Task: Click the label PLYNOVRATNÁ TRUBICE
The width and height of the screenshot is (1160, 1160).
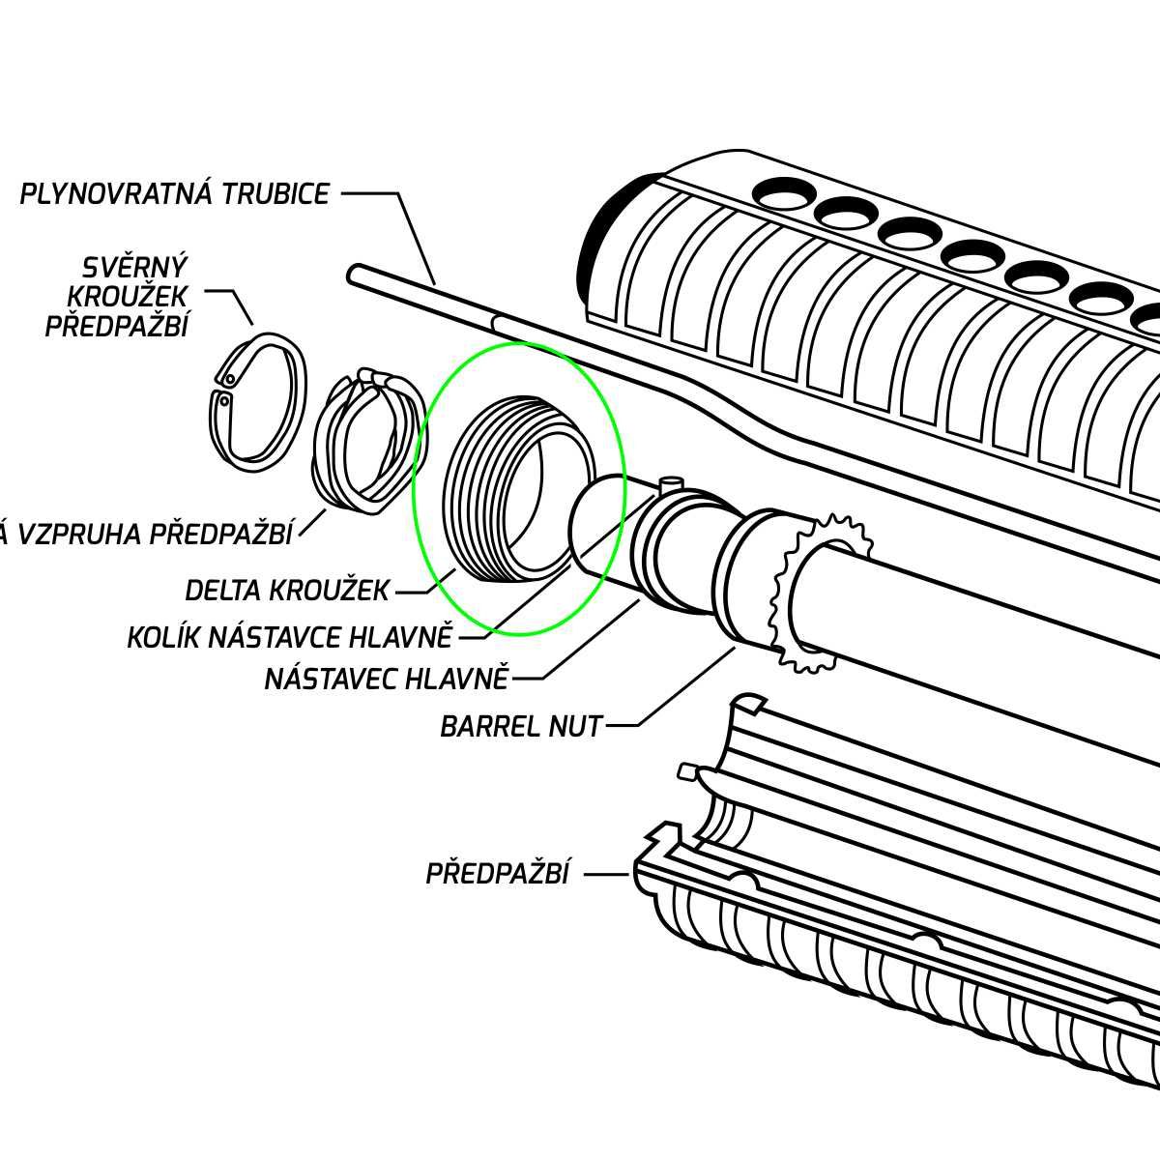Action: coord(175,194)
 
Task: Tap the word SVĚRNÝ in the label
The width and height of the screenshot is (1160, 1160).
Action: coord(135,267)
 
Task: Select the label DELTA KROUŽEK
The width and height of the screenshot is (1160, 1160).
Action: coord(287,590)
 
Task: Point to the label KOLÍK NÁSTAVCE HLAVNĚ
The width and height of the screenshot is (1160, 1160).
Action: coord(290,638)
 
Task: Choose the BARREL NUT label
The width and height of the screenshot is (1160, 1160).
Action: coord(521,726)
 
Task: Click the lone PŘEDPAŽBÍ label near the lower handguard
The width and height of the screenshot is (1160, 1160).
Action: coord(497,874)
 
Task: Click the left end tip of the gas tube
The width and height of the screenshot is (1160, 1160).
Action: coord(355,275)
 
